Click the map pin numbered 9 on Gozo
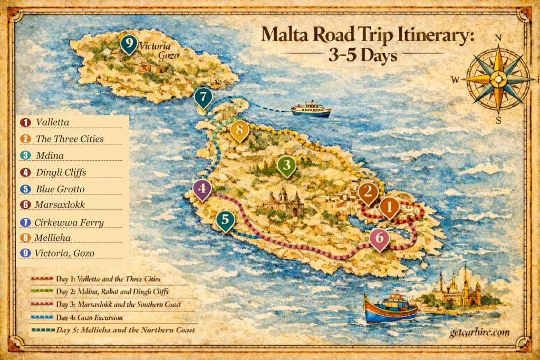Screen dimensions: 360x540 coord(128,44)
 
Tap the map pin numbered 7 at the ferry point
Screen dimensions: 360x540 coord(203,96)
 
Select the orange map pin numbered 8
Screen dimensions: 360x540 coord(239,130)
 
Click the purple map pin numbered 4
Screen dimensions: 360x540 coord(202,189)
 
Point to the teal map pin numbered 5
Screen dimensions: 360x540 coord(225,220)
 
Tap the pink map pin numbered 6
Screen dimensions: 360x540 coord(379,238)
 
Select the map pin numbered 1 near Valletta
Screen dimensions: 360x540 coord(389,207)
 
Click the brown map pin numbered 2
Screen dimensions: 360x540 coord(368,192)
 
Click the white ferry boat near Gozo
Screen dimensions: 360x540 coord(311,109)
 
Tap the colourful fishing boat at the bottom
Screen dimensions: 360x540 coord(391,308)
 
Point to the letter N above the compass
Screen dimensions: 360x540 coord(498,38)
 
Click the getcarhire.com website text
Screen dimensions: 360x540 coord(479,333)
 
